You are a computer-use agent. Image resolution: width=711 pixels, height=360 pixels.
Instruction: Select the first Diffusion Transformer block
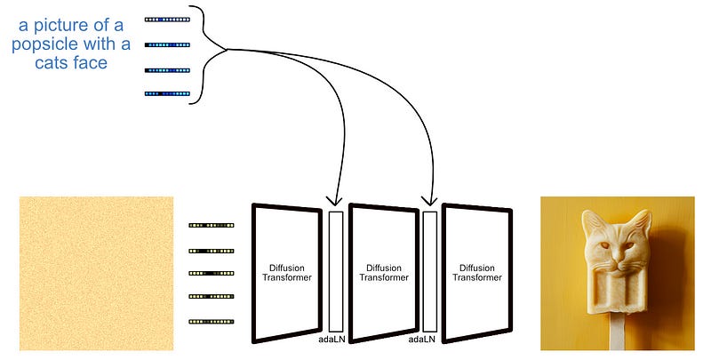click(x=286, y=272)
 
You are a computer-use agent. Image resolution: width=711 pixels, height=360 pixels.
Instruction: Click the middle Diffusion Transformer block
click(x=384, y=272)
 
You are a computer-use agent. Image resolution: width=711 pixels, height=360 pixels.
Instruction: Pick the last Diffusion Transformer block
click(x=477, y=272)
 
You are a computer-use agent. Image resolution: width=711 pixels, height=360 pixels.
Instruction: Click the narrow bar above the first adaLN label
click(x=335, y=270)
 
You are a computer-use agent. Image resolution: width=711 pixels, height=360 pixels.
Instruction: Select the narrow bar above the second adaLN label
click(x=430, y=270)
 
